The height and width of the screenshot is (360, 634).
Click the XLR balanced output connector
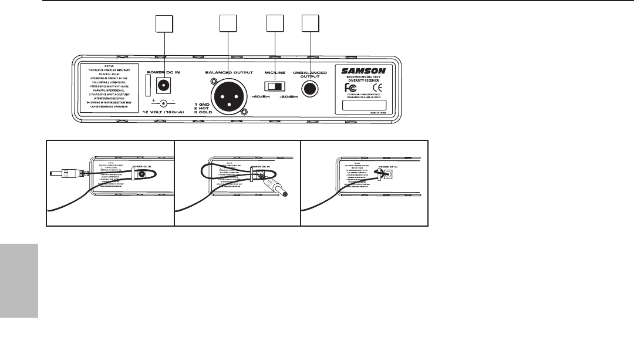tap(228, 96)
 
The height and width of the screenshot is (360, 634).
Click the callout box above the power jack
tap(164, 24)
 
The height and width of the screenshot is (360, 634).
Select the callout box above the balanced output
tap(228, 24)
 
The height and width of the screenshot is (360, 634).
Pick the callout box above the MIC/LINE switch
tap(275, 24)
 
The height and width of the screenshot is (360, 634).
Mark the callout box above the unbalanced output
tap(310, 24)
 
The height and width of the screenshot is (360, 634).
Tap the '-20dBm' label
tap(289, 97)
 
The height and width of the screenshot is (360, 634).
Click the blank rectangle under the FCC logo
tap(363, 106)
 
